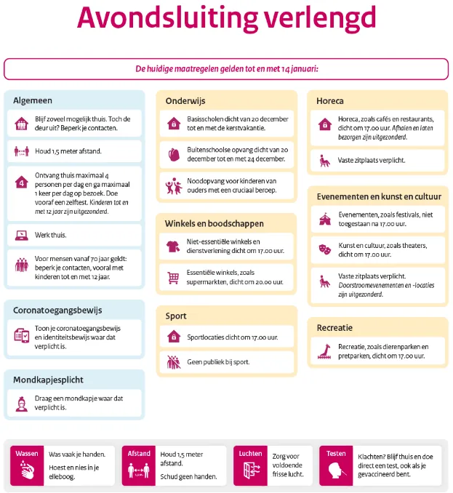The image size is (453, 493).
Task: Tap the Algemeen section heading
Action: pos(33,100)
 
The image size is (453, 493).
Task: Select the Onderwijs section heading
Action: pos(186,100)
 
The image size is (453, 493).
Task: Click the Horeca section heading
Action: pos(330,100)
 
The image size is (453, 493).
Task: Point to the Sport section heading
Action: pos(176,316)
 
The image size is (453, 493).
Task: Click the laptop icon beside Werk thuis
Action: pos(21,235)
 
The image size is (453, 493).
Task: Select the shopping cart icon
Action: pos(173,277)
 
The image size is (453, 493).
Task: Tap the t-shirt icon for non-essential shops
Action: pos(173,246)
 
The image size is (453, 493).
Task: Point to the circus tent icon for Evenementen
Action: pos(324,217)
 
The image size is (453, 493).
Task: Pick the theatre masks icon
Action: pos(324,249)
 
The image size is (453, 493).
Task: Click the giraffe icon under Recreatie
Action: pos(324,351)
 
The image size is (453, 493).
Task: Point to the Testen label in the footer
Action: pos(336,454)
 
